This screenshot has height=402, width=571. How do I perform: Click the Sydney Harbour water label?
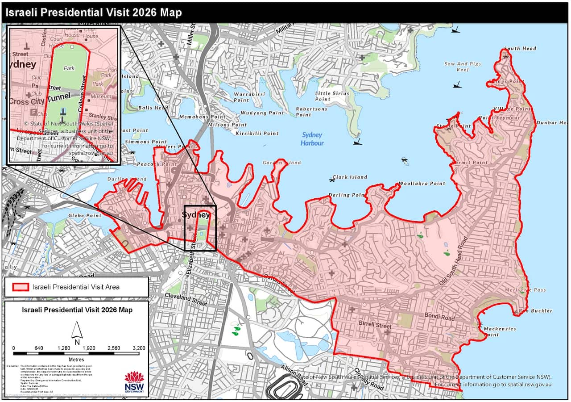(312, 139)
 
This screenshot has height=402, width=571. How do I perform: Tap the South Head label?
(520, 48)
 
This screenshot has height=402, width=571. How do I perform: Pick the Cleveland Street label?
(186, 299)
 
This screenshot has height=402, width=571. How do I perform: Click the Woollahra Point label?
(422, 184)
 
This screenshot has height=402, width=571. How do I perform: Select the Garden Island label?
(281, 163)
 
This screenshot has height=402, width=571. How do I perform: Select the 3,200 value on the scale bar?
(139, 348)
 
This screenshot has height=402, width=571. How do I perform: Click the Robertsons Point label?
(311, 112)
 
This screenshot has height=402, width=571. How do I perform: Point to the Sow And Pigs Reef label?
(463, 67)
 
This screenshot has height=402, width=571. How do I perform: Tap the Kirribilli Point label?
(258, 133)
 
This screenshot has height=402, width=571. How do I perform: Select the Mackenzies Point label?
(499, 331)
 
